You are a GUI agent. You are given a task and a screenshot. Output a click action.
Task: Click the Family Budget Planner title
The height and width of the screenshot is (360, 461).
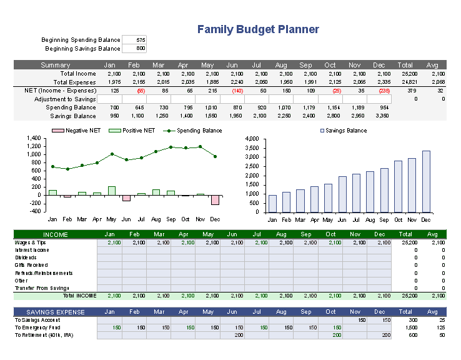(x=258, y=29)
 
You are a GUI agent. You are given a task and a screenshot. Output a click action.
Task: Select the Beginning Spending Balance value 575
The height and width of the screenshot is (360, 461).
(x=134, y=40)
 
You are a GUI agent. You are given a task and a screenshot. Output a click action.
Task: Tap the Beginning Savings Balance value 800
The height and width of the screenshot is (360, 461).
(x=134, y=48)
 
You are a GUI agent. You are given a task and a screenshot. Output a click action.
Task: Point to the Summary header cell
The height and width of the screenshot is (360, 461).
(x=55, y=65)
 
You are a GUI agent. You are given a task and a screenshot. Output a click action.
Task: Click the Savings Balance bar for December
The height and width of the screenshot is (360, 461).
(x=426, y=181)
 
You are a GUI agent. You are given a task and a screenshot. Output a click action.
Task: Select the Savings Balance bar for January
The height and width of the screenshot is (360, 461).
(x=272, y=203)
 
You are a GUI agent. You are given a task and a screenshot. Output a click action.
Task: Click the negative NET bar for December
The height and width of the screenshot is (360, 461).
(x=216, y=199)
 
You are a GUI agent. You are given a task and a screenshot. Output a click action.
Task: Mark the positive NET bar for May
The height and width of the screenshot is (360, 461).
(x=112, y=191)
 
